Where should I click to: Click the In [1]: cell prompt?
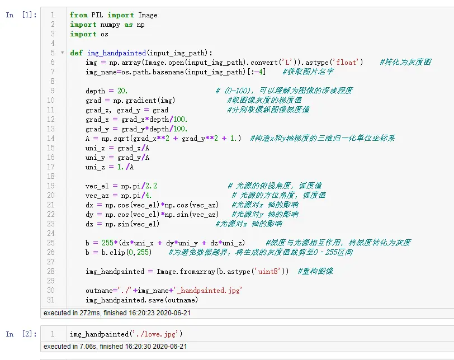(21, 15)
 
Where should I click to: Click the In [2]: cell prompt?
(21, 334)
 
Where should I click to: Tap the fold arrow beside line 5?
(62, 53)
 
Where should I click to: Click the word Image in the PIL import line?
(148, 15)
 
